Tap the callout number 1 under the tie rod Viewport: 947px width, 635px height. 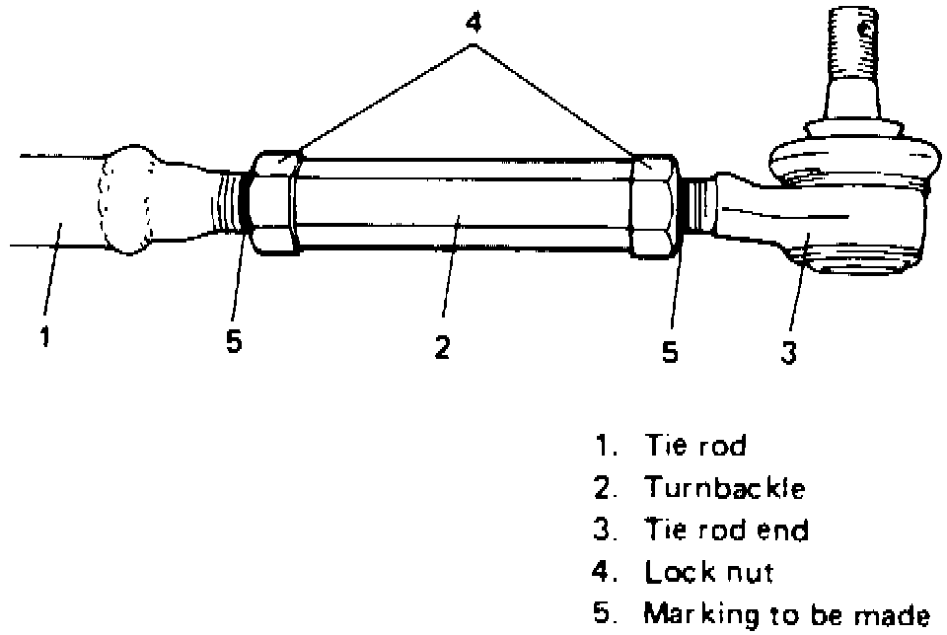pyautogui.click(x=44, y=337)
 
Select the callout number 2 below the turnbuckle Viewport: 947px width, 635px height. pyautogui.click(x=443, y=347)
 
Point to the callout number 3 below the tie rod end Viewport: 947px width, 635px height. pyautogui.click(x=788, y=352)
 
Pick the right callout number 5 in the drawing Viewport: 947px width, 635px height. pyautogui.click(x=670, y=352)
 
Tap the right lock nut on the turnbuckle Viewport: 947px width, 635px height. pyautogui.click(x=653, y=205)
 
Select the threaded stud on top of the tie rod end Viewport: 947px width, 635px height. pyautogui.click(x=852, y=44)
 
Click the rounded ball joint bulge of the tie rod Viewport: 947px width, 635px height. pyautogui.click(x=130, y=200)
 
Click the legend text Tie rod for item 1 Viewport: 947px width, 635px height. pyautogui.click(x=695, y=446)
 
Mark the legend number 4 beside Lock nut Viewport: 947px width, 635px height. pyautogui.click(x=603, y=572)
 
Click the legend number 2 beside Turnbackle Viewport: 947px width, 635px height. pyautogui.click(x=603, y=488)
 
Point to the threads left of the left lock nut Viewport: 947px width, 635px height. pyautogui.click(x=230, y=201)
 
